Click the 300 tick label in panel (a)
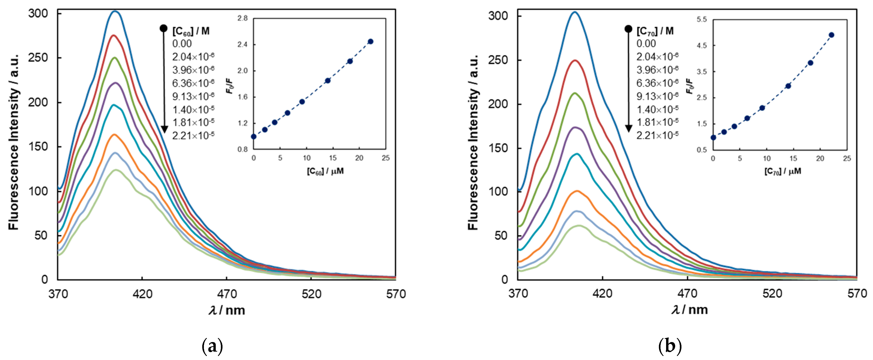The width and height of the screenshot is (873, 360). (x=38, y=14)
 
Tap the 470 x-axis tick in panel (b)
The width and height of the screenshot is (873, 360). (x=687, y=294)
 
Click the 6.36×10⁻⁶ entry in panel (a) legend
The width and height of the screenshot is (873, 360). (x=193, y=83)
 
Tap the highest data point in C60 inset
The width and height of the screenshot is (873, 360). (x=371, y=41)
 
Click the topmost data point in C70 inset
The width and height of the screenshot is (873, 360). (x=831, y=35)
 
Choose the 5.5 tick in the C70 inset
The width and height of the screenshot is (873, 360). (x=702, y=20)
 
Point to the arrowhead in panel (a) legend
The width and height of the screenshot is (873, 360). (x=164, y=129)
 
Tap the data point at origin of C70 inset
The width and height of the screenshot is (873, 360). (x=713, y=138)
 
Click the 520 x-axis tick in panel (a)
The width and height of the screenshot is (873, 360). (x=311, y=294)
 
